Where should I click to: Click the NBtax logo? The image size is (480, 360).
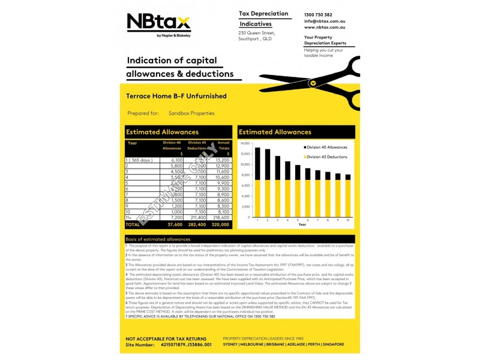point(158,23)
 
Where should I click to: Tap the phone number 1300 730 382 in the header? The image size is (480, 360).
point(318,14)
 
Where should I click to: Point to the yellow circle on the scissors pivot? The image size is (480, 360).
point(312,83)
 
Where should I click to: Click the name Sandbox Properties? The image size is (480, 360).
point(191,113)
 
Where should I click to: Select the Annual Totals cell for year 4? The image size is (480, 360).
point(222,178)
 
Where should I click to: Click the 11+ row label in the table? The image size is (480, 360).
point(128,217)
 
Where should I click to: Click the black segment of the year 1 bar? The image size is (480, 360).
point(257,163)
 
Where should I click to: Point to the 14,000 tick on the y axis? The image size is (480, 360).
point(244,144)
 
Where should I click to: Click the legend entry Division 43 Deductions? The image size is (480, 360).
point(327,157)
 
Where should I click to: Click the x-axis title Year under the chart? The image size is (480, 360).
point(302,224)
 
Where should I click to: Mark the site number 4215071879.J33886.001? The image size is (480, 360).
point(186,345)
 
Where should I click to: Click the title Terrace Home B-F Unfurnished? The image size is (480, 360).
point(176,95)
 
